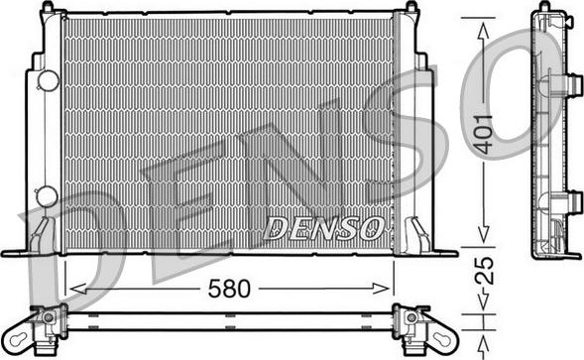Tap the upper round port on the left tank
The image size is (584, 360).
click(x=46, y=81)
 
